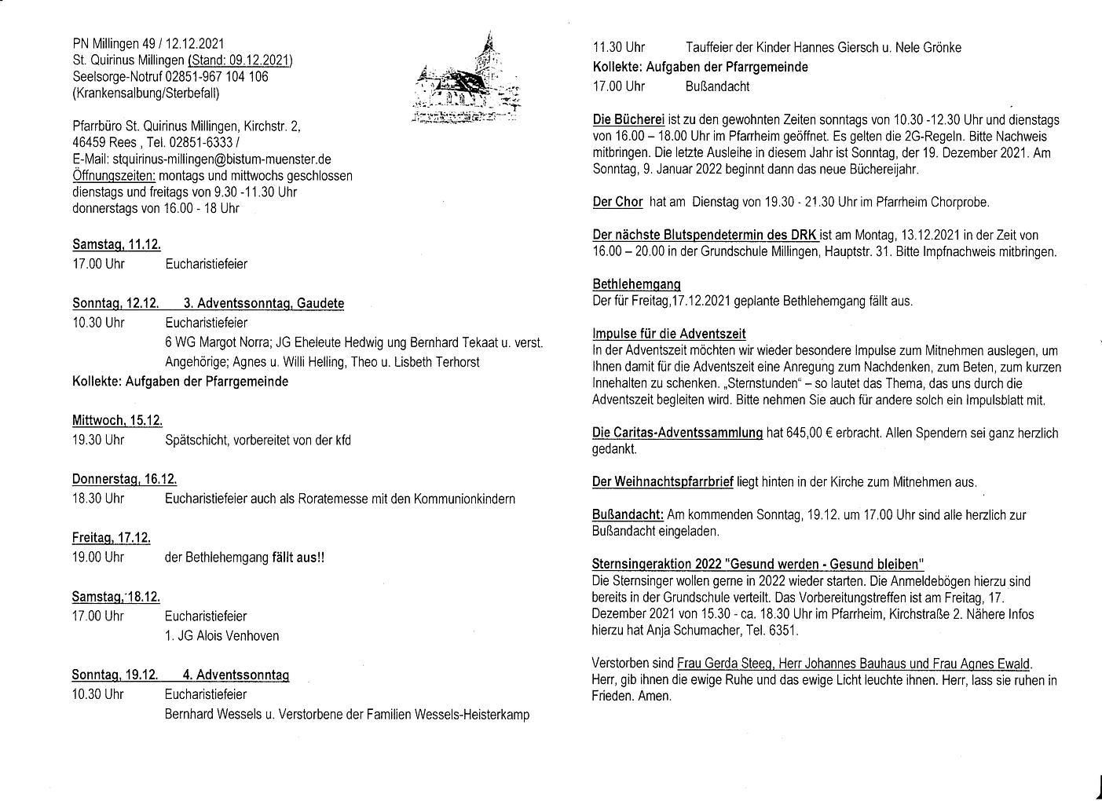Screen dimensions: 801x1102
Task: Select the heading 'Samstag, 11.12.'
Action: (x=116, y=244)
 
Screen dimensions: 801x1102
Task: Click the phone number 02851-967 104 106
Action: (x=217, y=77)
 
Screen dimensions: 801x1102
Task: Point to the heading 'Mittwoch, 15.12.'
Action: (x=118, y=420)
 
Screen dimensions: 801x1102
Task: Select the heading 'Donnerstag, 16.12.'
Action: (x=124, y=479)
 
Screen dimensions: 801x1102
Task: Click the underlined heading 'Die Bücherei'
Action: (x=628, y=120)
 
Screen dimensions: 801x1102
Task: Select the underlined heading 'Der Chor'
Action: (x=617, y=202)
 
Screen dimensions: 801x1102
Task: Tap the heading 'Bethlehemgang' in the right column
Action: (x=636, y=284)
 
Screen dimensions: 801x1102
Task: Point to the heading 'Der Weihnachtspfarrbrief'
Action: (x=663, y=482)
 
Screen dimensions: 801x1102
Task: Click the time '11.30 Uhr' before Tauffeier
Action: (x=618, y=47)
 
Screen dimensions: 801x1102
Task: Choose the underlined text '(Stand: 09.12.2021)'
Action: (x=240, y=60)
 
